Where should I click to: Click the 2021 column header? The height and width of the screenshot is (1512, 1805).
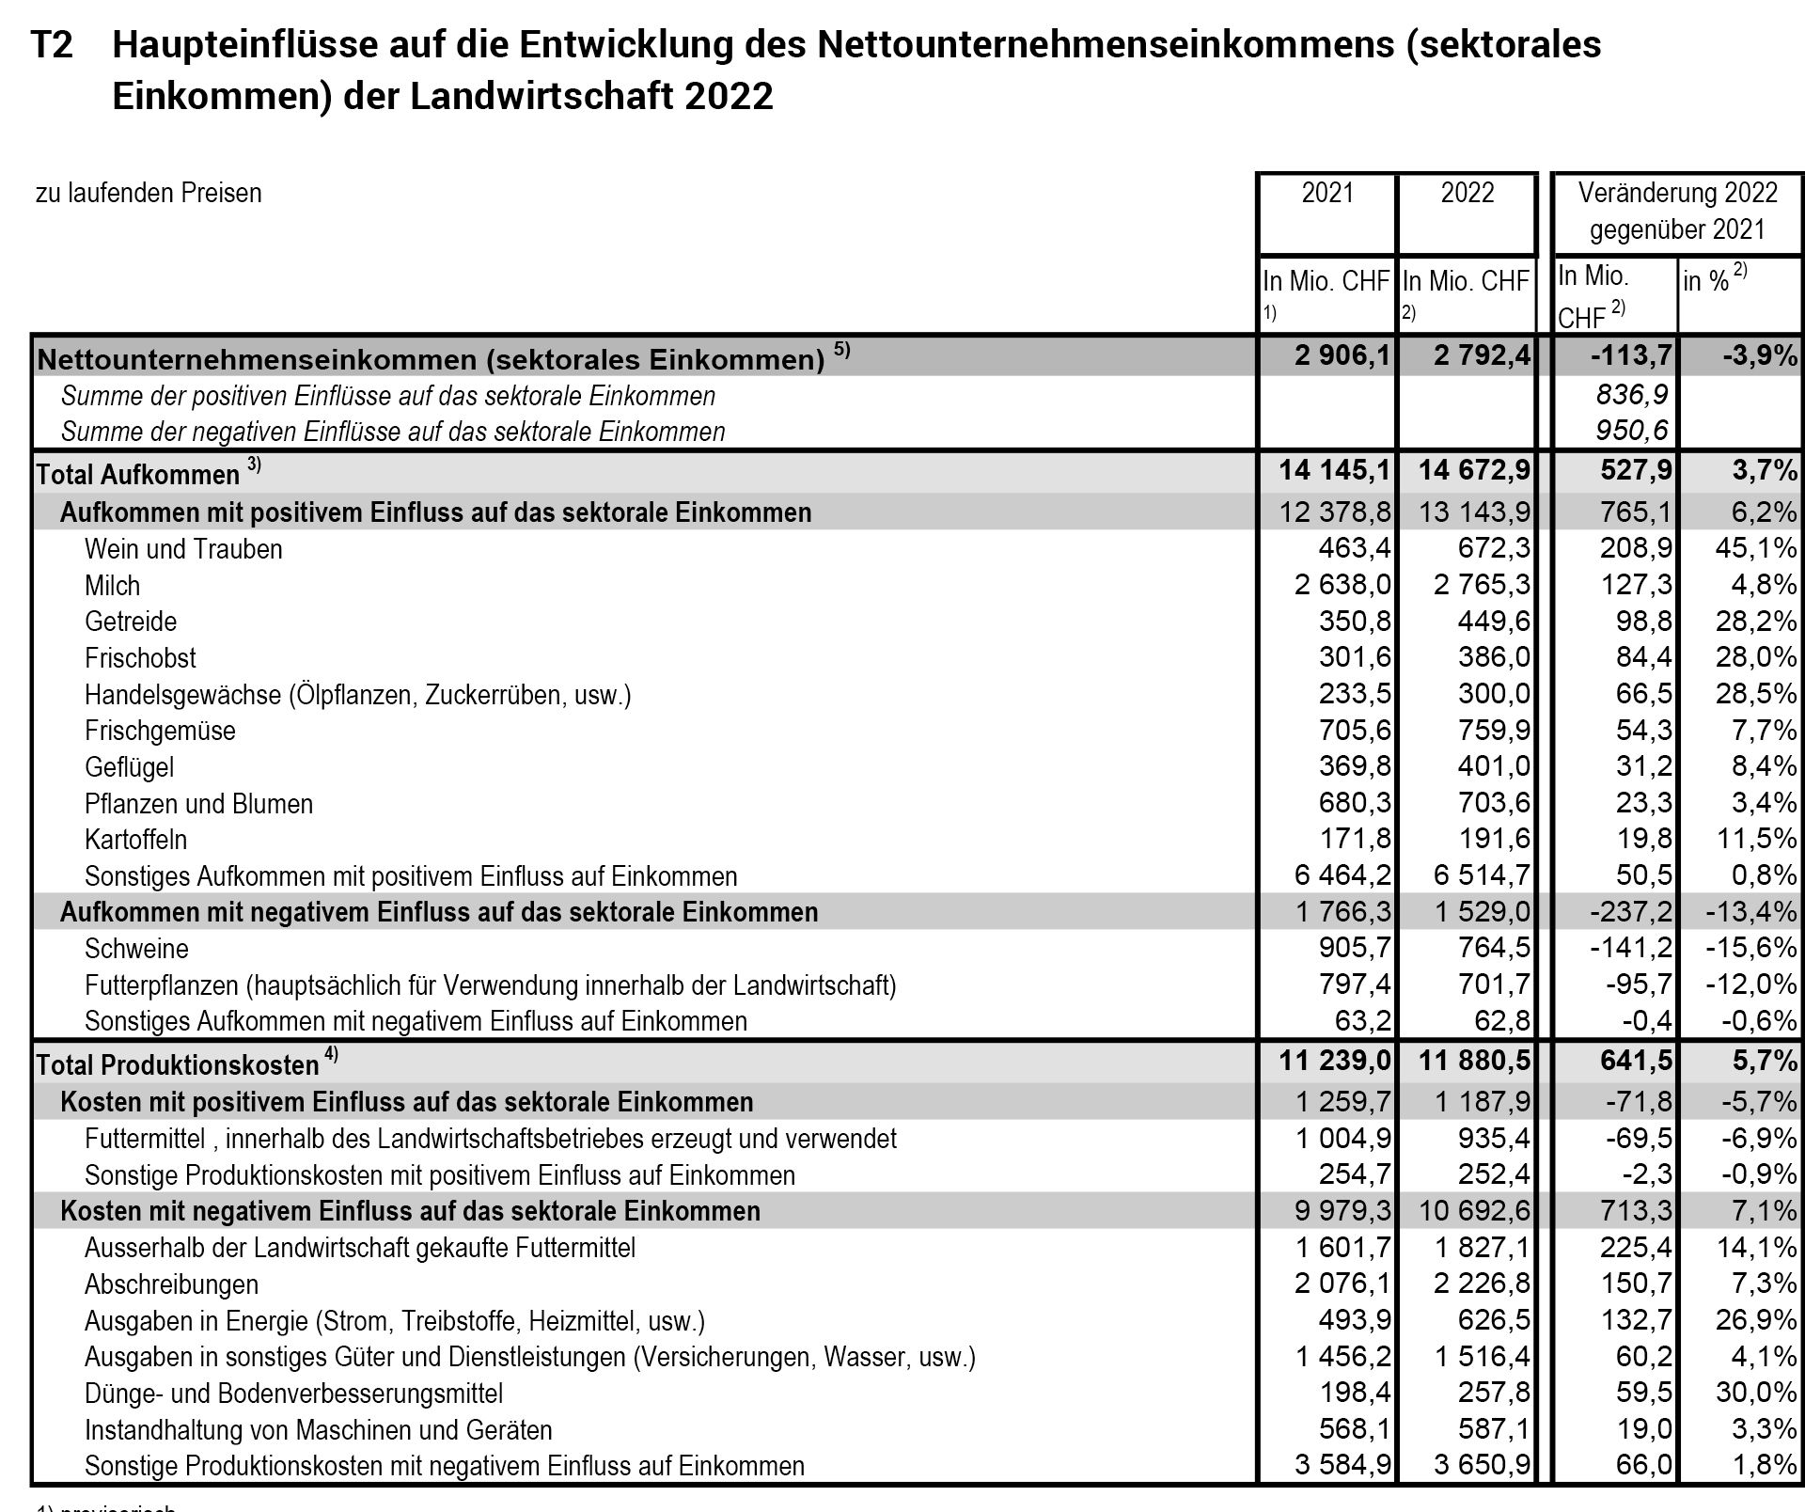click(1327, 194)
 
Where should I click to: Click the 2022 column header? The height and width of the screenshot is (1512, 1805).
click(1467, 194)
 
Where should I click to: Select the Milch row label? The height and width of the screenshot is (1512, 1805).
click(112, 586)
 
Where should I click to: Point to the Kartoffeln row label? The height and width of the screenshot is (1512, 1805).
click(135, 840)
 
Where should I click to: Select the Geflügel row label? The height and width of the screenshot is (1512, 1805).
click(129, 767)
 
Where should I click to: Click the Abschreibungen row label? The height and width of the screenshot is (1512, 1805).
click(171, 1284)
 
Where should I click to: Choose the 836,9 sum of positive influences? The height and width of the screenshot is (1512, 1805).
click(1632, 396)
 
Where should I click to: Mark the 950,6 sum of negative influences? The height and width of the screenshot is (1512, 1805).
click(1632, 432)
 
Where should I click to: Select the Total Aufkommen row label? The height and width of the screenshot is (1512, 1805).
click(137, 475)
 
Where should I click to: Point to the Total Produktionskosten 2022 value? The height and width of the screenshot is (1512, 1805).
click(1475, 1063)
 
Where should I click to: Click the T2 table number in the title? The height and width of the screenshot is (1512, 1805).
click(53, 45)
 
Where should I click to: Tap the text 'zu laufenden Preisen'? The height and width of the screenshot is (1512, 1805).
click(149, 194)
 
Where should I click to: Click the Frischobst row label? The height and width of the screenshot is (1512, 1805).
click(140, 658)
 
